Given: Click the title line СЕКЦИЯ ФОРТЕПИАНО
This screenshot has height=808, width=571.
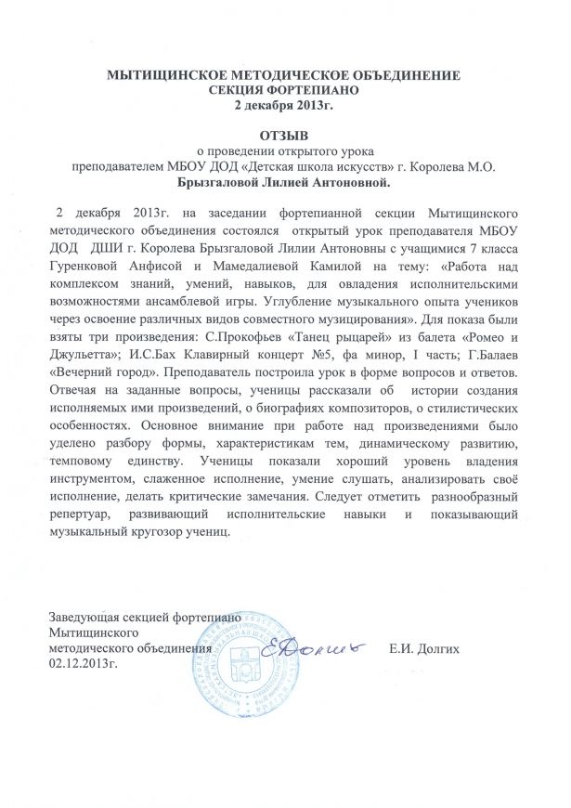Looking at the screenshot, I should coord(285,89).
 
